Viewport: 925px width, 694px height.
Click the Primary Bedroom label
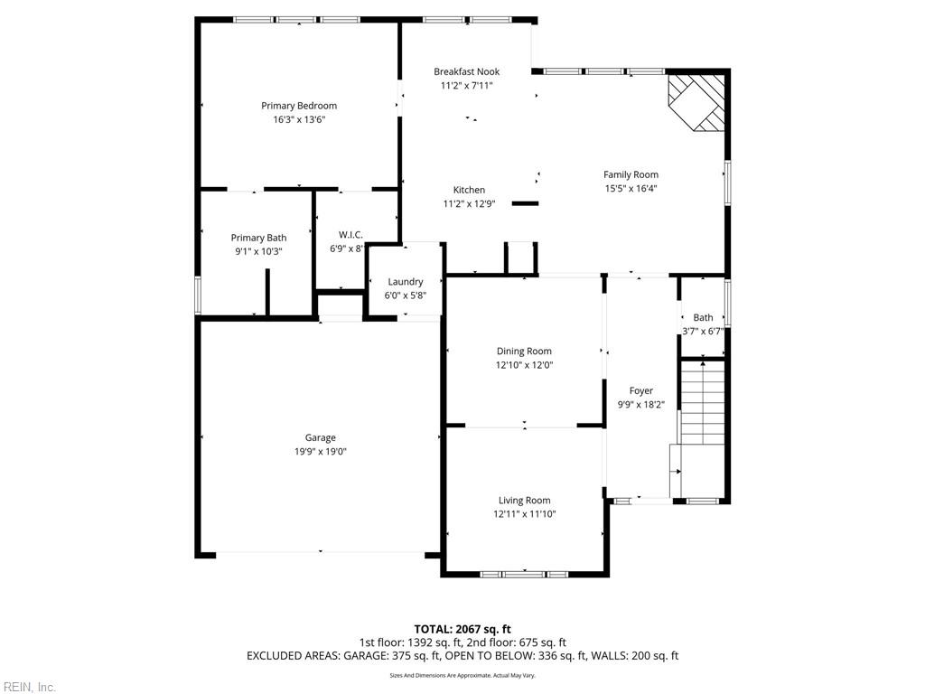299,106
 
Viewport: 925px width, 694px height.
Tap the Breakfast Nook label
466,71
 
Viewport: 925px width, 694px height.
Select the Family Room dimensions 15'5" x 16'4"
631,189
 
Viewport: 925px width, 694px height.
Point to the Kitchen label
469,190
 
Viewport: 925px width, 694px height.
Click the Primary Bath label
258,238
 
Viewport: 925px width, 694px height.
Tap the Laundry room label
405,282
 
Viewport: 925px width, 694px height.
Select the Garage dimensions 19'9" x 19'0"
320,452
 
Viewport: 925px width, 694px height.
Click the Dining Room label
524,352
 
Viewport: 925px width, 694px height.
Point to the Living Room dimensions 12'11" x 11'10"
524,514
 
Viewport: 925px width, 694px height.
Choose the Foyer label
641,391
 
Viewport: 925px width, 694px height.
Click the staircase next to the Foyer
702,402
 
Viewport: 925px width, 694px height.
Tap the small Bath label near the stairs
703,317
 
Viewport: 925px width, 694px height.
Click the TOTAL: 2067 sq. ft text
462,629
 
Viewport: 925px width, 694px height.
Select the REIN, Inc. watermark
29,687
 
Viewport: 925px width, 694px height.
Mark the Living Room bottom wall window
524,574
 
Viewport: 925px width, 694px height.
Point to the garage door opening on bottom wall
320,553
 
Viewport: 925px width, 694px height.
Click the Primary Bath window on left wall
198,295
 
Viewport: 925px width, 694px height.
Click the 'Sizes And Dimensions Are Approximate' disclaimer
462,675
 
